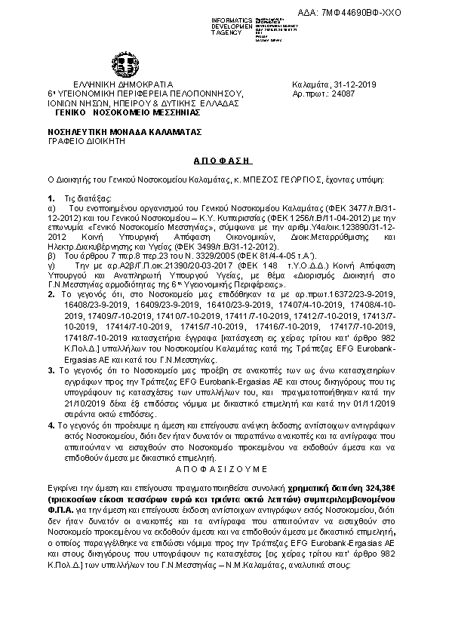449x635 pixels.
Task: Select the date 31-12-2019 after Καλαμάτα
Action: pos(355,84)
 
